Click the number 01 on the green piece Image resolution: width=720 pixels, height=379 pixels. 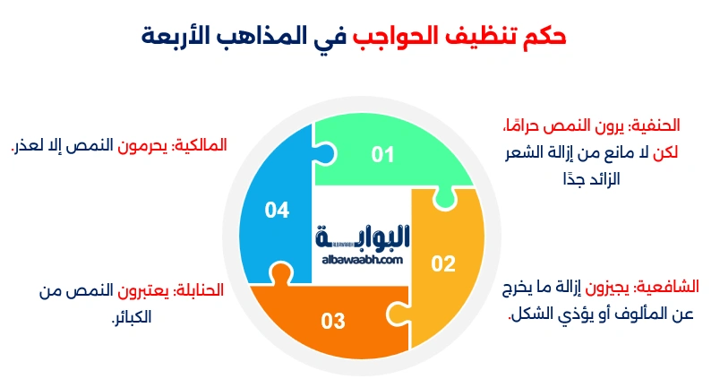tap(383, 155)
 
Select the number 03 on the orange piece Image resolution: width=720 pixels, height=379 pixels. tap(333, 320)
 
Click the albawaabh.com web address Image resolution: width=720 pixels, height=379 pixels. tap(360, 258)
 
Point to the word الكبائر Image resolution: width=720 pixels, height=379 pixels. tap(131, 316)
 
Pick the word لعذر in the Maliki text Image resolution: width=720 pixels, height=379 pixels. tap(27, 143)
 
